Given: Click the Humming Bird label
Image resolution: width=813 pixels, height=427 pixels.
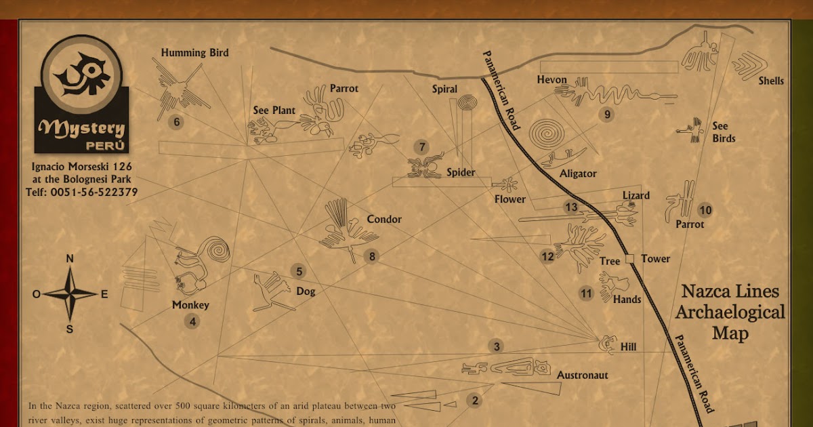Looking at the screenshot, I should coord(194,53).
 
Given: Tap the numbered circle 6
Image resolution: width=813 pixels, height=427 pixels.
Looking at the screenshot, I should coord(177,123).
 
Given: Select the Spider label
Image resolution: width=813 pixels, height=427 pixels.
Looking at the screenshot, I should coord(461,173).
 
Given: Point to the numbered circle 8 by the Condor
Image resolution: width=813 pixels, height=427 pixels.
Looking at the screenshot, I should coord(372,256).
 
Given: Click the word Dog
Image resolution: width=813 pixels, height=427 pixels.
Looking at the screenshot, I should coord(306,291).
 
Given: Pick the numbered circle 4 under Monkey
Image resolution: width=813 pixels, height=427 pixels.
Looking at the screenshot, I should coord(193,322).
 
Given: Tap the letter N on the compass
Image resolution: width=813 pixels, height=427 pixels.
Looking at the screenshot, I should coord(70,258).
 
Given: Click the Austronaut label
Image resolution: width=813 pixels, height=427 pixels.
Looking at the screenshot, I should coord(583,375).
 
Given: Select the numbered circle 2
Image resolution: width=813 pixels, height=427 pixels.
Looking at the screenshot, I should coord(475,401).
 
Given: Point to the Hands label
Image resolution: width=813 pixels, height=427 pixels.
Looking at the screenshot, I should coord(627,299).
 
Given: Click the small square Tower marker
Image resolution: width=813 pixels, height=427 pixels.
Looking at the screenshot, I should coord(629,258).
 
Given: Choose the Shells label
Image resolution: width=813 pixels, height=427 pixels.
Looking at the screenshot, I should coord(771,81).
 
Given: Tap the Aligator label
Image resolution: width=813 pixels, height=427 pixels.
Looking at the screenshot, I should coord(578,174).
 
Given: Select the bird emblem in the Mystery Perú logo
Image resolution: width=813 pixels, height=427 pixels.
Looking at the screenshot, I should coord(81,75).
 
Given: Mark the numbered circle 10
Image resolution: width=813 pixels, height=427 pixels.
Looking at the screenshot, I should coord(705,210).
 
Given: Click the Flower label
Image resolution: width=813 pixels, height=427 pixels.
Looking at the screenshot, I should coord(509,199).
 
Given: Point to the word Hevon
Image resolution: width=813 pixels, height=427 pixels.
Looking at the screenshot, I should coord(551,80).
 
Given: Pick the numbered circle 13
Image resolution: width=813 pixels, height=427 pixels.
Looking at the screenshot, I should coord(571,207).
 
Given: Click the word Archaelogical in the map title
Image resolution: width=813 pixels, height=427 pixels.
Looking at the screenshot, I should coord(730,312).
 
